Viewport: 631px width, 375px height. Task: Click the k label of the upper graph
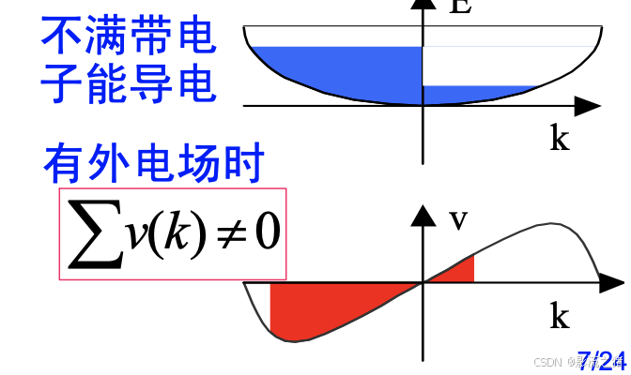point(560,139)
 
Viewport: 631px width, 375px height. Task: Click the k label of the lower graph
point(560,317)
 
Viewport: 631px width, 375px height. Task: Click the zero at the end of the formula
point(266,232)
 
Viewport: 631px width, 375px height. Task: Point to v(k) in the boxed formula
point(166,232)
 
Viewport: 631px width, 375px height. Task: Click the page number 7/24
point(601,358)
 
